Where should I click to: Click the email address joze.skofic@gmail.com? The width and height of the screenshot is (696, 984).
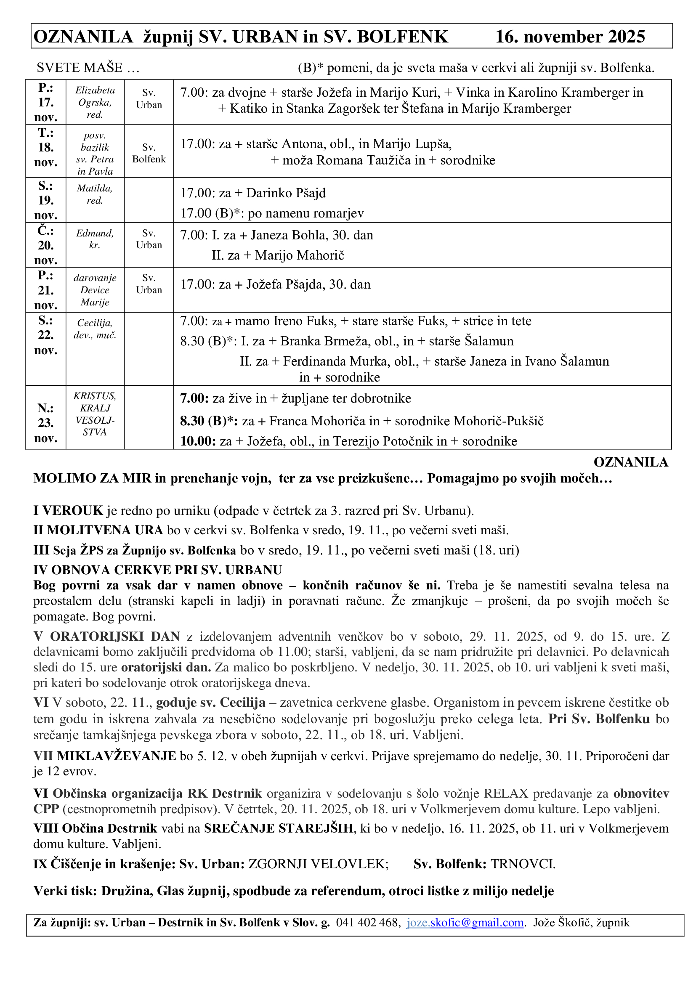(x=465, y=922)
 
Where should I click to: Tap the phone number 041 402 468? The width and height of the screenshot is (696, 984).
(x=368, y=922)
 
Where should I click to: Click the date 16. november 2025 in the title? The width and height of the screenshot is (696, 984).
(x=570, y=37)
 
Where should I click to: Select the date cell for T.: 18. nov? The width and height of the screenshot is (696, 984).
(x=46, y=147)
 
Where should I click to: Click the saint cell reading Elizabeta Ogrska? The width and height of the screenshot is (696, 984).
(x=95, y=102)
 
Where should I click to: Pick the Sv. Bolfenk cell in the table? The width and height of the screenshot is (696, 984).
(x=149, y=154)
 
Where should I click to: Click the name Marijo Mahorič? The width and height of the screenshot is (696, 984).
(x=300, y=255)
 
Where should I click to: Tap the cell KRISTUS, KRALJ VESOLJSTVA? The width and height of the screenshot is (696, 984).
(x=95, y=414)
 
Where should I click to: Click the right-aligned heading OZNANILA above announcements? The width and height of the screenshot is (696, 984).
(x=630, y=462)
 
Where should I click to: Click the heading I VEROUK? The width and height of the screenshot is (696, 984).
(x=68, y=510)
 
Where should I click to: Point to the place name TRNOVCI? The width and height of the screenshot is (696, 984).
(x=523, y=864)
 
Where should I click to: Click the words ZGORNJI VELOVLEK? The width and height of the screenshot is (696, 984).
(x=319, y=864)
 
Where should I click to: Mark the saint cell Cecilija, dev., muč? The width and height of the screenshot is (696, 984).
(x=95, y=329)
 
